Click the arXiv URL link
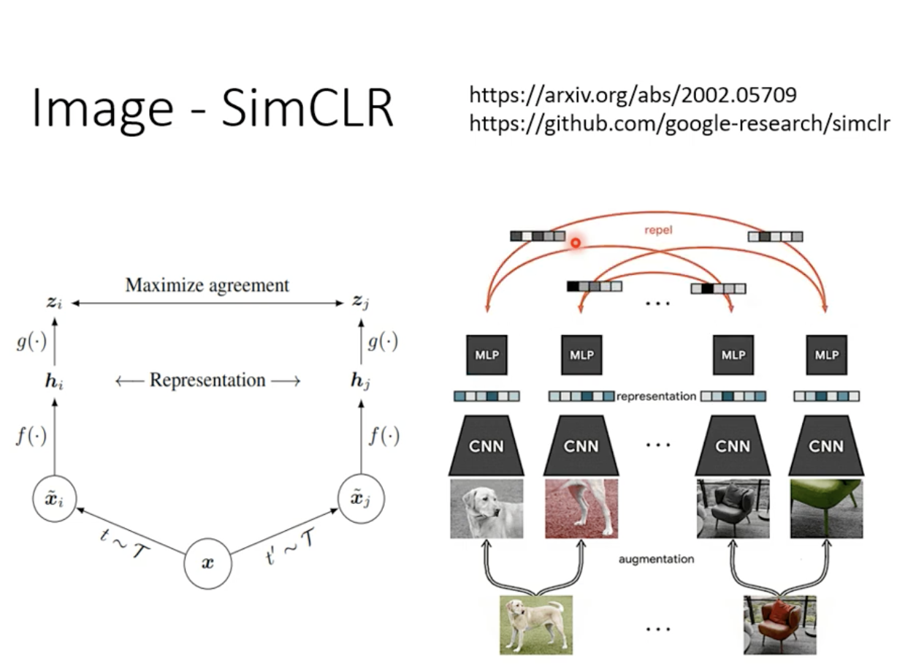click(x=633, y=95)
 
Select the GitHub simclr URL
click(x=679, y=123)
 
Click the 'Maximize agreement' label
click(x=207, y=285)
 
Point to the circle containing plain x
click(x=207, y=564)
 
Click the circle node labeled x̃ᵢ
click(x=55, y=499)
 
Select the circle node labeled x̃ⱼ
click(x=362, y=499)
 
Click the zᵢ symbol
click(x=54, y=301)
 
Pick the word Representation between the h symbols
click(x=207, y=381)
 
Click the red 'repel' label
click(x=659, y=230)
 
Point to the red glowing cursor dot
click(x=576, y=243)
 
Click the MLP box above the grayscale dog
click(x=486, y=355)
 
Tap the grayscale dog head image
click(x=486, y=509)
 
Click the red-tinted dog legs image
click(x=581, y=509)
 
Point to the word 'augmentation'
click(x=656, y=559)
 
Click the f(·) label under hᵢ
click(x=31, y=437)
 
